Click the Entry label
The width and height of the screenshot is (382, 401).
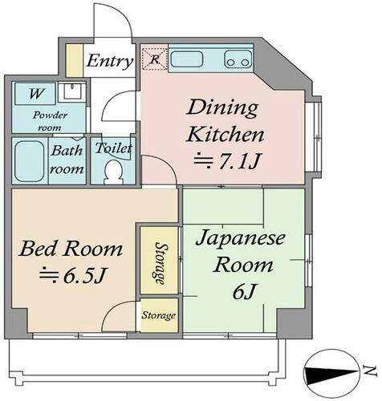coord(110,61)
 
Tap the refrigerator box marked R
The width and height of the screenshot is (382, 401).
coord(155,59)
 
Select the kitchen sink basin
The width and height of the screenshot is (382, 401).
coord(186,59)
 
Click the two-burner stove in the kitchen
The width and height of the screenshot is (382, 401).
coord(238,59)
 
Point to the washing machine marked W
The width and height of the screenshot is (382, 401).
coord(35,94)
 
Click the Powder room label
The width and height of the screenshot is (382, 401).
coord(50,121)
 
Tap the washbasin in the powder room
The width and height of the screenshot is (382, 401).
coord(72,91)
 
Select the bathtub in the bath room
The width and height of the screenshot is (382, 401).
coord(30,161)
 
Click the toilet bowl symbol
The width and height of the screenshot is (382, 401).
coord(114,172)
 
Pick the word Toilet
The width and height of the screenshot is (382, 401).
coord(113,148)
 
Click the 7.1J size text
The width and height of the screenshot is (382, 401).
coord(227,161)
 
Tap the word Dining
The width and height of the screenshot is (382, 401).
coord(222,108)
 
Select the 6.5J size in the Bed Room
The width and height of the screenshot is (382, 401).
coord(71,276)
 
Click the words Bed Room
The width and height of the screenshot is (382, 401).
coord(71,249)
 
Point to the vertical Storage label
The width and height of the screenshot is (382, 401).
coord(160,263)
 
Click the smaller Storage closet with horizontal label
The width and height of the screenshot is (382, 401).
coord(159,315)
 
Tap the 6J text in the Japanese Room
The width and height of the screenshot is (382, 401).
coord(245,293)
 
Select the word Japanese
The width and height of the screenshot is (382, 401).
coord(240,237)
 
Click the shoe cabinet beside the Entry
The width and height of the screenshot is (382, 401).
coord(75,61)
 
